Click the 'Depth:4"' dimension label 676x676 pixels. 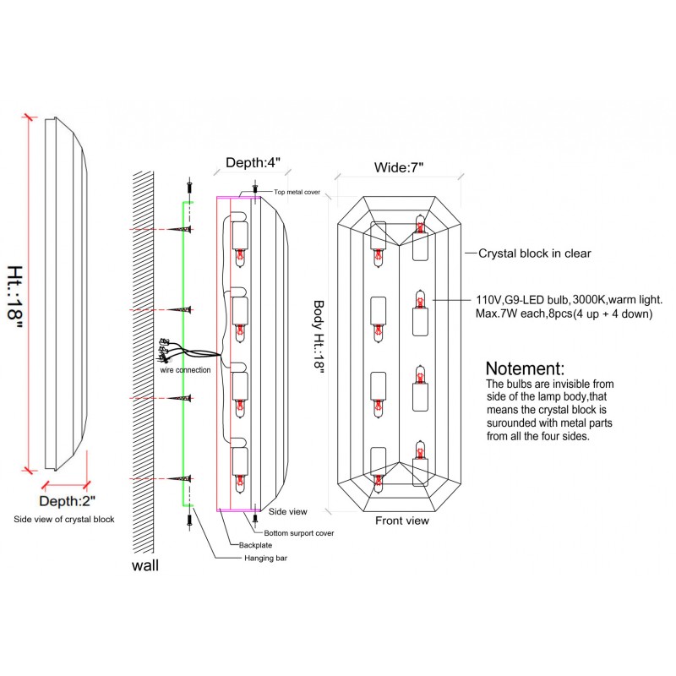coord(253,162)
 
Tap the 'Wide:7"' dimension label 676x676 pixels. coord(399,167)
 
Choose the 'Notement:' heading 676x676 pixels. coord(525,369)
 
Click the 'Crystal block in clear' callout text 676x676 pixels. coord(535,253)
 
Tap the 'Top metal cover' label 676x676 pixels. coord(297,193)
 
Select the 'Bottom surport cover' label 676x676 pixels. coord(299,534)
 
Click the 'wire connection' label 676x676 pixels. coord(185,370)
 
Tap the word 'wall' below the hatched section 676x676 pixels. coord(145,565)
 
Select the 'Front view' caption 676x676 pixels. coord(402,521)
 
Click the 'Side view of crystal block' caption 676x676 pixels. coord(64,519)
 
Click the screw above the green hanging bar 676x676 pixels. coord(192,185)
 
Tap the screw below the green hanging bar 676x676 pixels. coord(192,521)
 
